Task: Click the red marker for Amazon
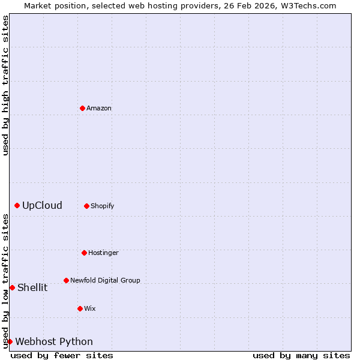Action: click(x=82, y=108)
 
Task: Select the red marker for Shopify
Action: click(x=86, y=206)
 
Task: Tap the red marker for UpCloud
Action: click(x=17, y=206)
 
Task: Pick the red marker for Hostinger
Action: click(x=84, y=253)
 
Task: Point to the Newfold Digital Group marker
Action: click(x=66, y=280)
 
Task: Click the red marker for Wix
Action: click(x=80, y=308)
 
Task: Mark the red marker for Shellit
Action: click(x=12, y=287)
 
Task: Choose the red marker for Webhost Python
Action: click(x=10, y=341)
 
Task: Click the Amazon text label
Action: click(x=99, y=109)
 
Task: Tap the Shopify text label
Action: click(x=103, y=206)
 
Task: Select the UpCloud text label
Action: click(x=42, y=206)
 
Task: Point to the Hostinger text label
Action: click(x=103, y=253)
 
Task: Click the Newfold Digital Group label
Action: click(x=105, y=281)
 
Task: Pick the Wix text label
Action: click(x=90, y=309)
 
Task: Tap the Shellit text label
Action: click(x=32, y=287)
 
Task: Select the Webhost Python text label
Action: click(x=54, y=342)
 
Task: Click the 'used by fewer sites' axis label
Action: click(x=62, y=355)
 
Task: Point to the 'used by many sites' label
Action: click(x=301, y=355)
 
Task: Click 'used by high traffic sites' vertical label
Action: click(x=5, y=85)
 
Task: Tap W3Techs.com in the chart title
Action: click(x=305, y=5)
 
